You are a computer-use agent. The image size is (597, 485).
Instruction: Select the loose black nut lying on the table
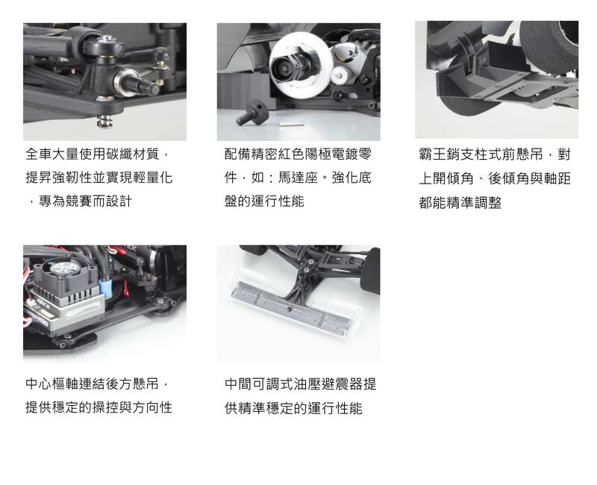(x=252, y=113)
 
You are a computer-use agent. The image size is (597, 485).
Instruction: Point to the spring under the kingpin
(x=103, y=122)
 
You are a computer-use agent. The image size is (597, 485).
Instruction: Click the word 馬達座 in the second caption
(x=298, y=178)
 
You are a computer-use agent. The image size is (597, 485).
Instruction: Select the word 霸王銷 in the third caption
(x=439, y=154)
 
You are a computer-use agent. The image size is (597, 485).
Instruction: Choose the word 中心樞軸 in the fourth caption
(x=52, y=384)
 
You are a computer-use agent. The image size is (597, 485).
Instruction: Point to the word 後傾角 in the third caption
(x=508, y=178)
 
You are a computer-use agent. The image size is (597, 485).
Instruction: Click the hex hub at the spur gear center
(x=287, y=68)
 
